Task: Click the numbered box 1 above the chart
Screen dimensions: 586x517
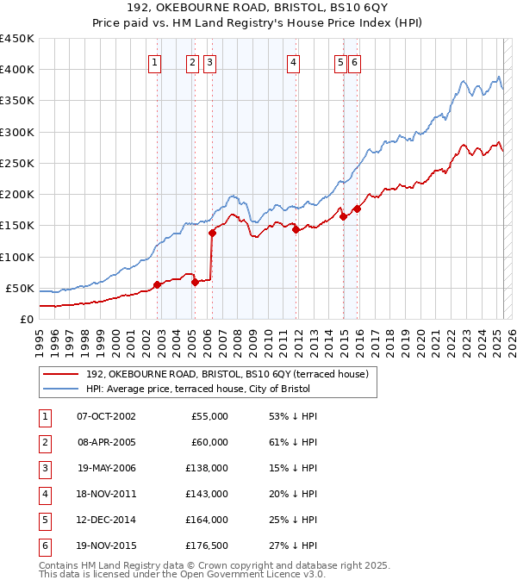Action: click(x=154, y=61)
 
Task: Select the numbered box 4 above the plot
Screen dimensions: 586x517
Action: click(x=294, y=61)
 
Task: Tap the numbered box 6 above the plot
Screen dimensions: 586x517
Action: click(x=355, y=61)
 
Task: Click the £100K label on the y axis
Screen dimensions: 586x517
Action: click(x=17, y=257)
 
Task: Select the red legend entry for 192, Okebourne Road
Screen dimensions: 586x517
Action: click(x=227, y=374)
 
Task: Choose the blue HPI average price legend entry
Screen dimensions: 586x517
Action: click(x=197, y=389)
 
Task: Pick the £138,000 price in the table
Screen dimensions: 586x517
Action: click(x=208, y=468)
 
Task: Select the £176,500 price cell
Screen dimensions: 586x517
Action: click(x=208, y=545)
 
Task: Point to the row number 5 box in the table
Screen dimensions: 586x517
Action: click(x=44, y=520)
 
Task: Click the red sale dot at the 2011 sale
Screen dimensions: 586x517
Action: click(x=296, y=229)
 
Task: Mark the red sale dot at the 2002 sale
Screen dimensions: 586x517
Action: click(x=157, y=284)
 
